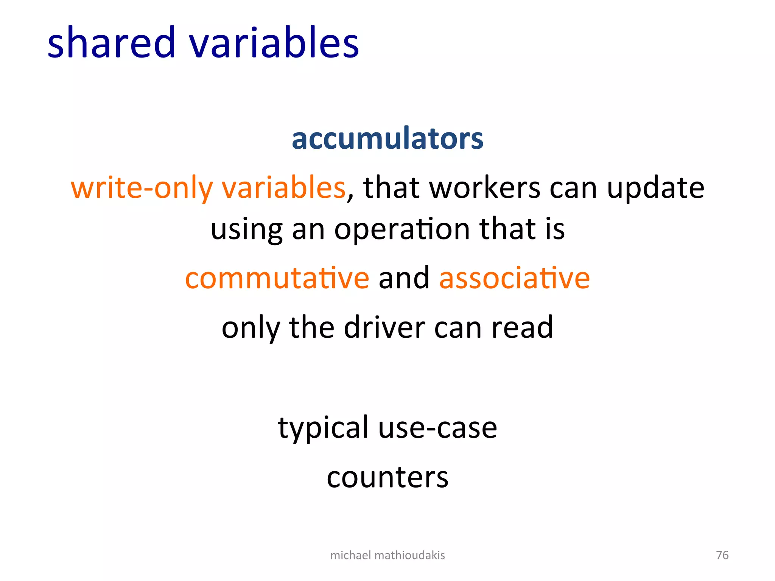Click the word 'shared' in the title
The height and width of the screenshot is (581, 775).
112,42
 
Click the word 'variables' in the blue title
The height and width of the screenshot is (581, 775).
274,42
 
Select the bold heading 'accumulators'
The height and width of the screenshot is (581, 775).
387,138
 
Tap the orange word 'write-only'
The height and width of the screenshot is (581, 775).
142,188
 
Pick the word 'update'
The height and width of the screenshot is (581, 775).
655,188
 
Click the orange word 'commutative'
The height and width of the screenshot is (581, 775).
277,278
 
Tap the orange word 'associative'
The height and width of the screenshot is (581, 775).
514,278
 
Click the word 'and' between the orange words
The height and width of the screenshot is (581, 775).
404,278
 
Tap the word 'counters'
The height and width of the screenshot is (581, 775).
387,477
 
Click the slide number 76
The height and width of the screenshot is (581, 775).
722,555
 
